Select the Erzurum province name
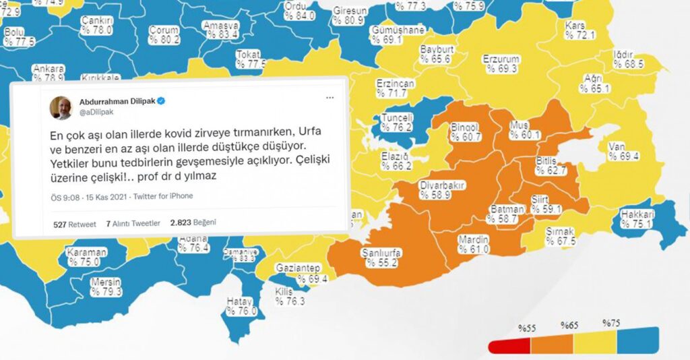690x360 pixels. (501, 59)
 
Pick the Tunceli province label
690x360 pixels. (397, 117)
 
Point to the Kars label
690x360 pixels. (574, 26)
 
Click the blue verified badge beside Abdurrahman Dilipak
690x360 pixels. (162, 100)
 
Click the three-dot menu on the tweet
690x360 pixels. (330, 98)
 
